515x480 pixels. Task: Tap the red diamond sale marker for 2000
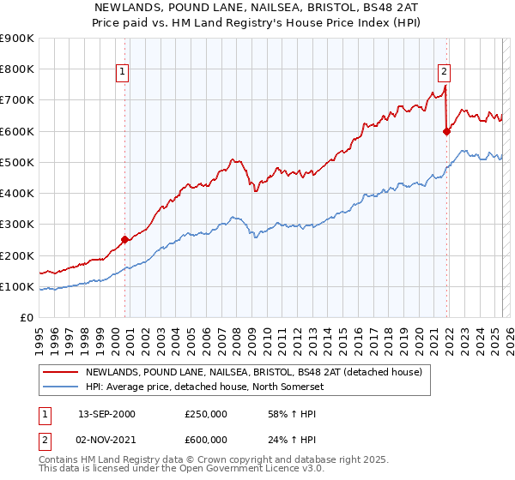click(x=125, y=240)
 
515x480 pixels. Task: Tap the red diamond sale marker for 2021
click(x=447, y=131)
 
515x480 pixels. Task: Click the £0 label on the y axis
click(x=26, y=318)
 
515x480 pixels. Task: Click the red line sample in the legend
click(x=62, y=373)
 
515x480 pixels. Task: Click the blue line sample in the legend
click(x=62, y=387)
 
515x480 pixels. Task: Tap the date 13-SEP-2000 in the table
click(x=106, y=414)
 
